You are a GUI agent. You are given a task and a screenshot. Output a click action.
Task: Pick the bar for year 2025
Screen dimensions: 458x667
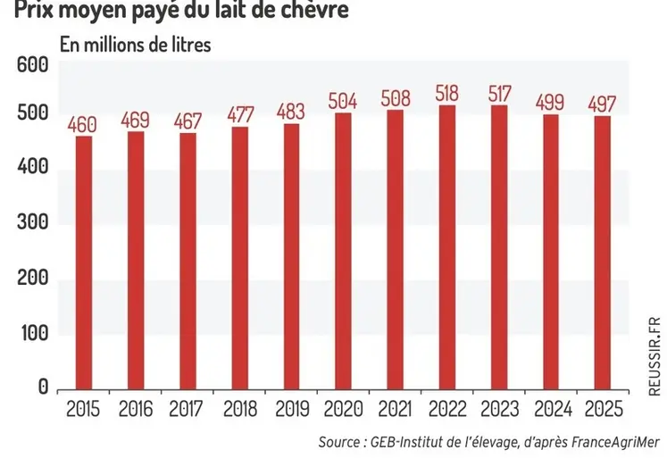point(603,254)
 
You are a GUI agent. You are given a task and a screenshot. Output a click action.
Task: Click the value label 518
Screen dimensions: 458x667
point(447,92)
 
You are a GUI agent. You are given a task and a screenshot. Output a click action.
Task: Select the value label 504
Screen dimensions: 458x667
point(344,99)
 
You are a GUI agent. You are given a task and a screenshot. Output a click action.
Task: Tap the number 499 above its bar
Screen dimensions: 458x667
point(551,102)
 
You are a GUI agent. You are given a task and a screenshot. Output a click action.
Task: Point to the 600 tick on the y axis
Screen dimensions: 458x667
point(32,65)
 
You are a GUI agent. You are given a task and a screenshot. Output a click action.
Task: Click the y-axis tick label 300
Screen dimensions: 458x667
point(32,225)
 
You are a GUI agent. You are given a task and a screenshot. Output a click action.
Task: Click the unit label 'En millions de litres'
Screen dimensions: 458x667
point(135,45)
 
